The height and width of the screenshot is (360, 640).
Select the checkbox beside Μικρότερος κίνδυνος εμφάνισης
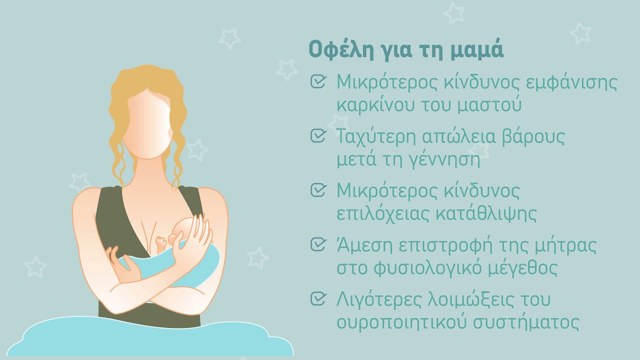[x=318, y=81]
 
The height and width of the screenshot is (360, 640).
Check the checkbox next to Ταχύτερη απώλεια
[x=318, y=135]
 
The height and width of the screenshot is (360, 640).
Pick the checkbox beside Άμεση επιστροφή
[x=318, y=244]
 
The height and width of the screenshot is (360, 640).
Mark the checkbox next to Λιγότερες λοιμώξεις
[x=318, y=298]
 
